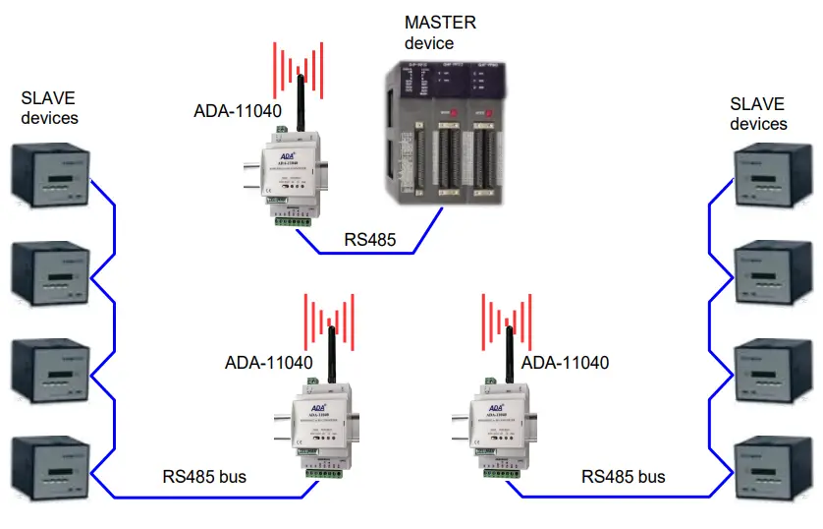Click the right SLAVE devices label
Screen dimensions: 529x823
[x=758, y=113]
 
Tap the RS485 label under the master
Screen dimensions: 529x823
[x=369, y=239]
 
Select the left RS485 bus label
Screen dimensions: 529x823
[x=204, y=477]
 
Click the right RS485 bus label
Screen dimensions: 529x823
[x=623, y=477]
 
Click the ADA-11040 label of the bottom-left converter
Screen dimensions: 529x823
[x=268, y=363]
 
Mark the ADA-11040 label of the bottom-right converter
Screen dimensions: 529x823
[x=565, y=363]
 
